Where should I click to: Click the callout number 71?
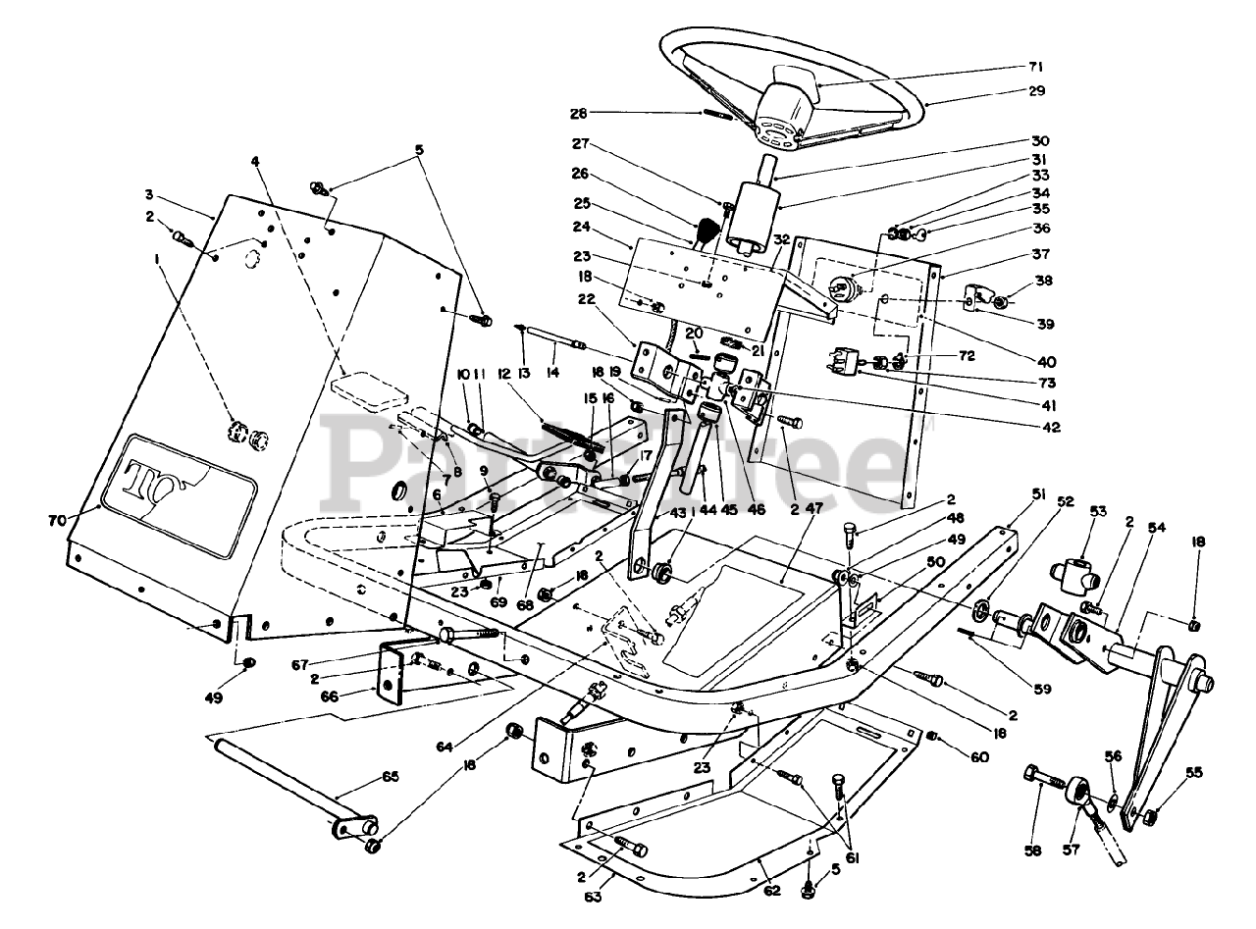1036,66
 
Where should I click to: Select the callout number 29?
1036,90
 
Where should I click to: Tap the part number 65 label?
364,776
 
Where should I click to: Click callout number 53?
1098,511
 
